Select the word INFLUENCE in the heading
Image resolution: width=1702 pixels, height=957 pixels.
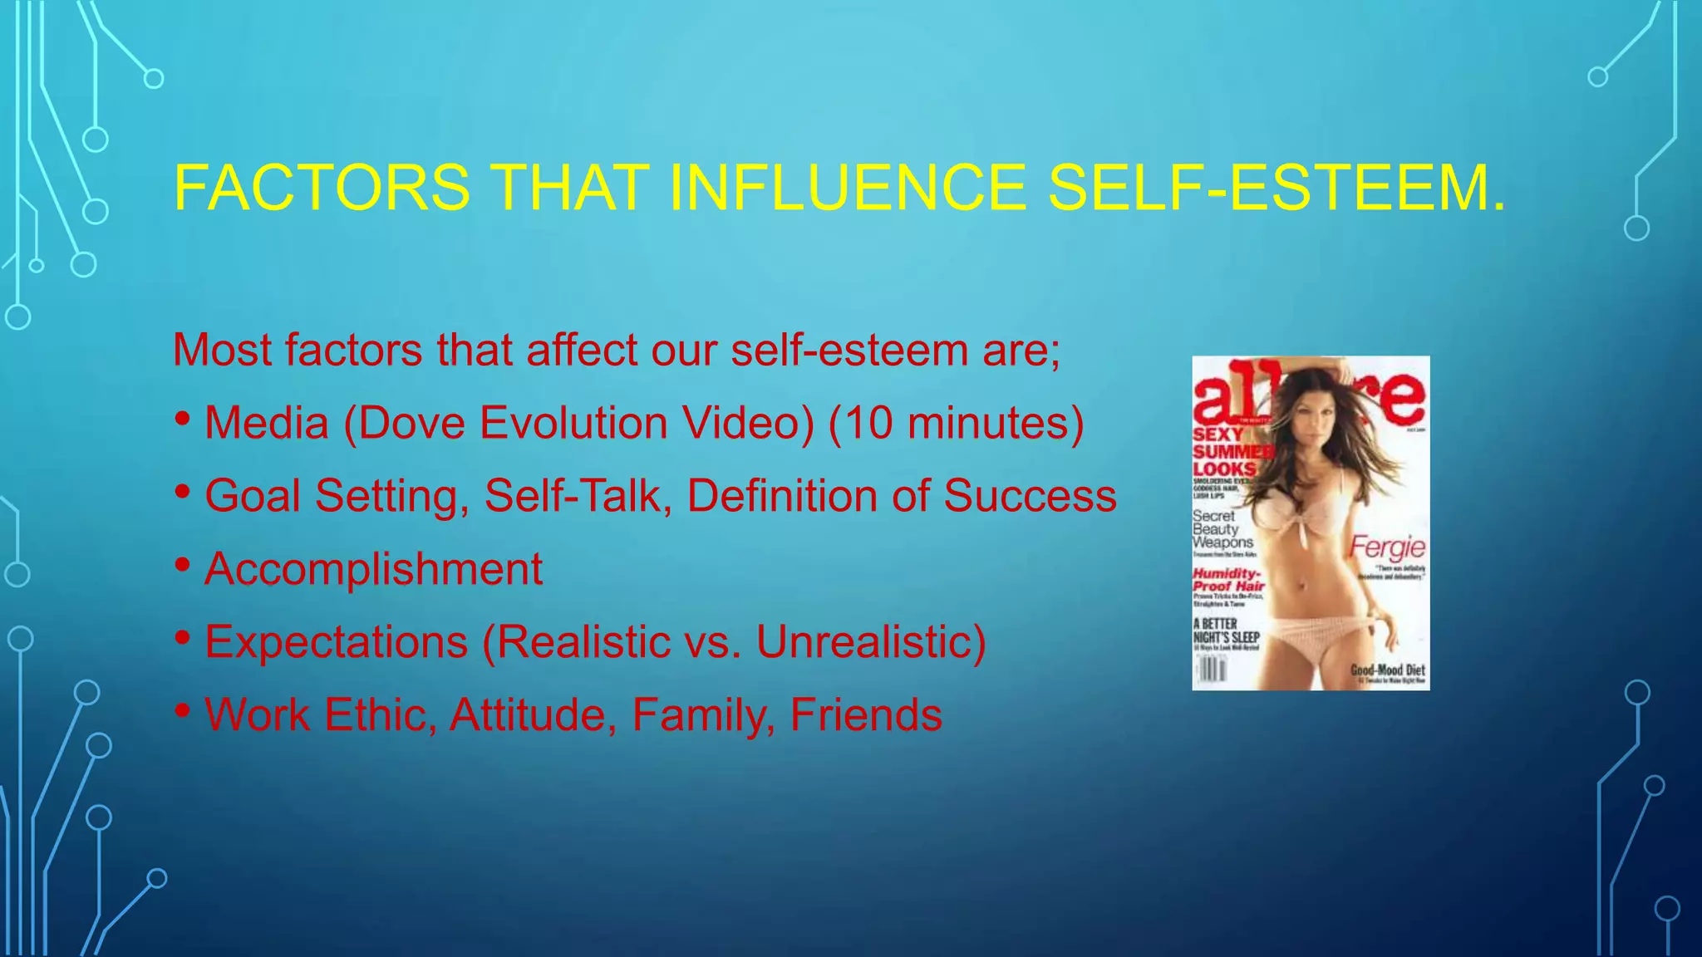[x=847, y=188]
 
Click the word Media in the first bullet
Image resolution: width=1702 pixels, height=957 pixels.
[x=266, y=423]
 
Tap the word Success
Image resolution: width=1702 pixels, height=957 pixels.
[x=1030, y=496]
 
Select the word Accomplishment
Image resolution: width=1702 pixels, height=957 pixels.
[x=373, y=570]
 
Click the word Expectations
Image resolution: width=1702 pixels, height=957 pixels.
[x=337, y=642]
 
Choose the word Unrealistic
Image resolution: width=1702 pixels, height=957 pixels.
[x=870, y=642]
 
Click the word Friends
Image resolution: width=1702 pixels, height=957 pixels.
[x=866, y=715]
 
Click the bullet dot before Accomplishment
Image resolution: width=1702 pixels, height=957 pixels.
[x=183, y=565]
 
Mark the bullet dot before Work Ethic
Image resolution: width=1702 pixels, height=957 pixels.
[x=183, y=710]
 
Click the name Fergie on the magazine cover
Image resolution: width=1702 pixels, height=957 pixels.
[x=1387, y=547]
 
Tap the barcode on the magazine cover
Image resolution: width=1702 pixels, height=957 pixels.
[x=1211, y=669]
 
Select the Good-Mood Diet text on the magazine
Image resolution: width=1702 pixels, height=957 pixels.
[x=1387, y=670]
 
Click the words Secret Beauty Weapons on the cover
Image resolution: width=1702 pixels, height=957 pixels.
[x=1221, y=529]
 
